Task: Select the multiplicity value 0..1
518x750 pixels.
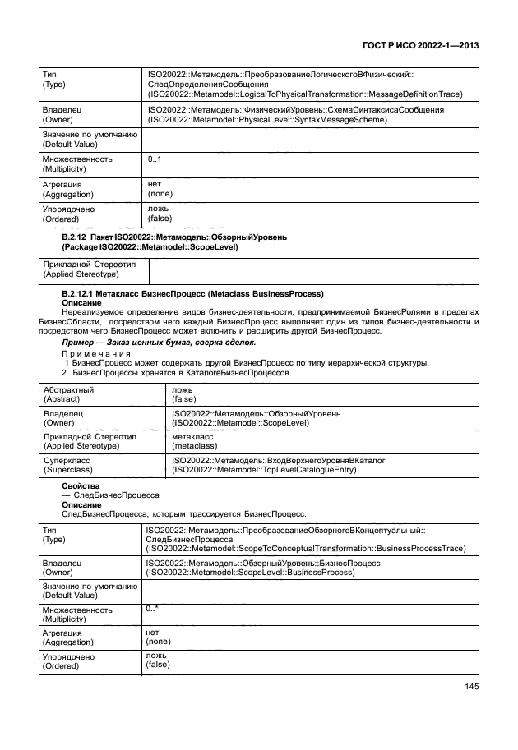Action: (x=155, y=159)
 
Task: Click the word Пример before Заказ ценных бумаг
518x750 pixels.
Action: (x=80, y=342)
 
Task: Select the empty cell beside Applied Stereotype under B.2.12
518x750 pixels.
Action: (x=312, y=269)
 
